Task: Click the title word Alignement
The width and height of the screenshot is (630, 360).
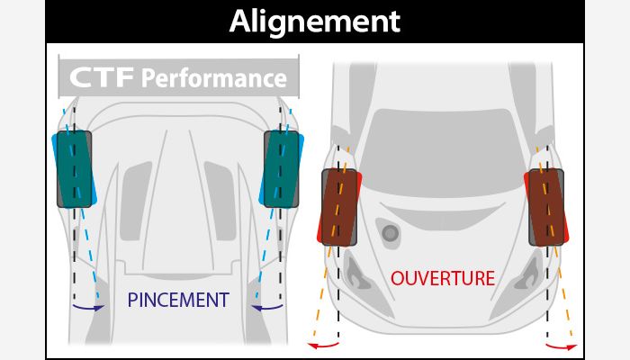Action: coord(315,22)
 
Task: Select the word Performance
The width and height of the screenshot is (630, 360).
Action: coord(213,78)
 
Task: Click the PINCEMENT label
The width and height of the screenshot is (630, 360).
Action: coord(178,299)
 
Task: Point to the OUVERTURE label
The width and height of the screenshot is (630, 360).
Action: coord(443,278)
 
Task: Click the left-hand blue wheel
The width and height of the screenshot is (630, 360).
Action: coord(75,168)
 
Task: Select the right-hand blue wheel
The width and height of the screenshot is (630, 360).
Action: coord(280,168)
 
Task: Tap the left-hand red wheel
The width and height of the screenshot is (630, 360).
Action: coord(340,207)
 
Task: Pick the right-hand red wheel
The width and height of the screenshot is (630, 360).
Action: coord(545,207)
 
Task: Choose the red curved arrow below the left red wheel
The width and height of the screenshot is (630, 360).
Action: coord(325,345)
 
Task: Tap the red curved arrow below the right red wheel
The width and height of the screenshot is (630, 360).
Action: coord(561,345)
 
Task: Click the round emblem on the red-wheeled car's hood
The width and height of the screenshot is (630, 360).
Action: coord(390,232)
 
